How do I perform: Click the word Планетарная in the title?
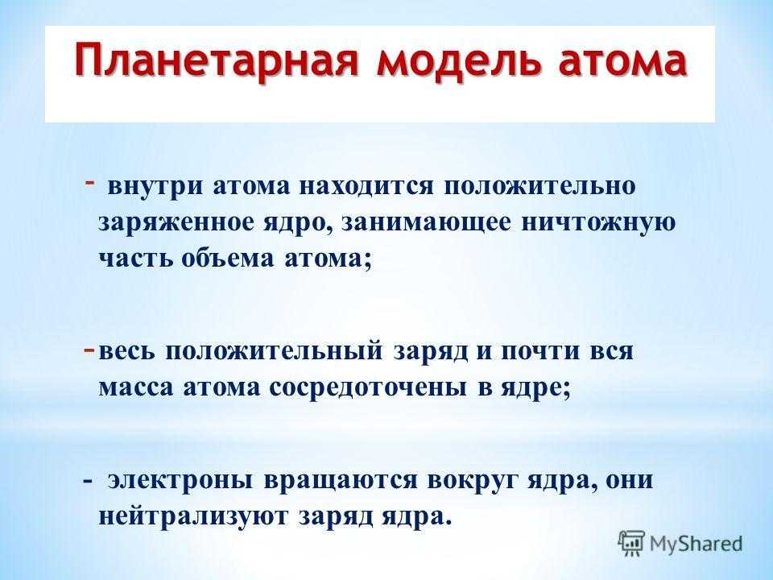(216, 61)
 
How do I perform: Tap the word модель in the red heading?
(457, 62)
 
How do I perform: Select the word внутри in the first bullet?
(155, 187)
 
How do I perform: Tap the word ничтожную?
(598, 223)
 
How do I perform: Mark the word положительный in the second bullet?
(274, 352)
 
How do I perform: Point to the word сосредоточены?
(368, 387)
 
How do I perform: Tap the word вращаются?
(341, 480)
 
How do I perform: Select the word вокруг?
(473, 480)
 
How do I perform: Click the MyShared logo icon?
(631, 543)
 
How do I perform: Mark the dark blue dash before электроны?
(88, 481)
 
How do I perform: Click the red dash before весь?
(89, 349)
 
